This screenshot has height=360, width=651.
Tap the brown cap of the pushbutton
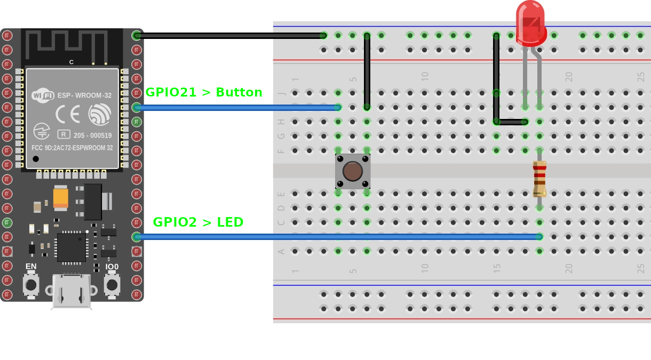353,171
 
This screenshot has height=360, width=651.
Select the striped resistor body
539,179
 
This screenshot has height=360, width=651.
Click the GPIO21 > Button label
204,92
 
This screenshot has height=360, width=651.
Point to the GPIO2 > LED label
198,222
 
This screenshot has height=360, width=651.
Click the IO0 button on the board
112,285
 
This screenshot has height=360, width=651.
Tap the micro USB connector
72,291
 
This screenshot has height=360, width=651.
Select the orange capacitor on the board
61,198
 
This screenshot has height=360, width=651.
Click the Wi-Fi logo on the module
43,95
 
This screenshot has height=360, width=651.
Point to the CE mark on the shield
68,114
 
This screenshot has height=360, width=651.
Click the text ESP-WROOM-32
84,95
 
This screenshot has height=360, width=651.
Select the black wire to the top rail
230,36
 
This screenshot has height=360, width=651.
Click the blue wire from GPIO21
237,108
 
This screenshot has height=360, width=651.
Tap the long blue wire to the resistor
338,237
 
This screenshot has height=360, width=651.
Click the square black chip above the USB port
72,247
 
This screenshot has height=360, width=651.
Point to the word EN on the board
31,267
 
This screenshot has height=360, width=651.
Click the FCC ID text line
72,148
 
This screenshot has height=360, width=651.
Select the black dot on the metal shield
36,159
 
